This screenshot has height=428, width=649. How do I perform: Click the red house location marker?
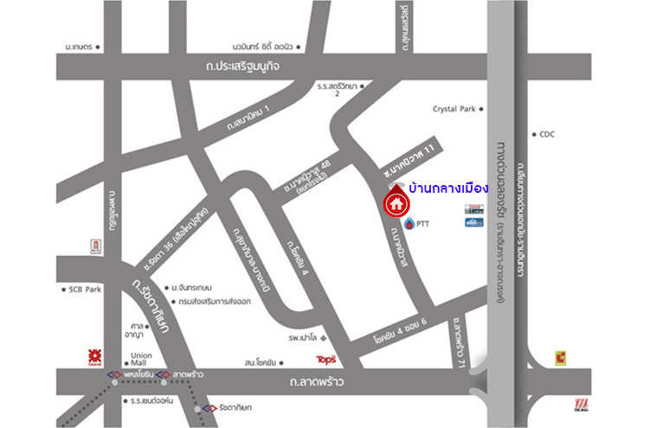395,204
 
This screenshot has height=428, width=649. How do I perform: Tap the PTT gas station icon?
408,223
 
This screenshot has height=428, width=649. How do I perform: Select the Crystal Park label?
454,110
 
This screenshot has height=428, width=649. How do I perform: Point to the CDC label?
547,134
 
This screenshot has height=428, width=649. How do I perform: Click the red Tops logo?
325,358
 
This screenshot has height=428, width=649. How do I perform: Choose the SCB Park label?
85,290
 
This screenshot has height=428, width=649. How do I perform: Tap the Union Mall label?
141,358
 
